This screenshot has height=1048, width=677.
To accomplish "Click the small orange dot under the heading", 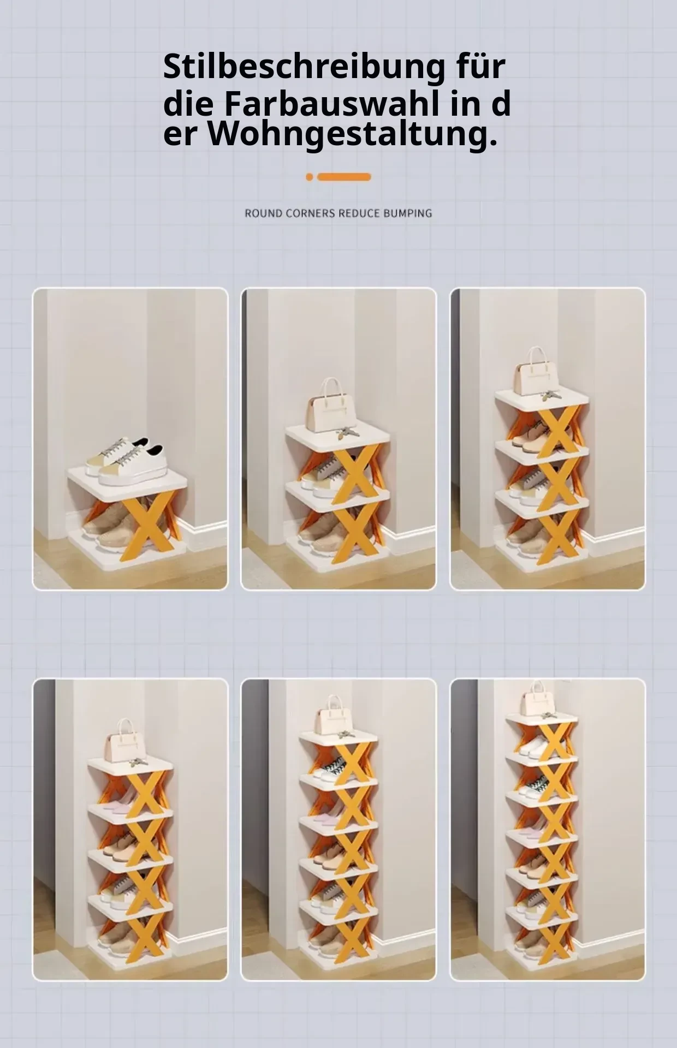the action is tap(310, 177).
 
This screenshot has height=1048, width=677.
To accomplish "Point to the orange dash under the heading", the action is tap(344, 177).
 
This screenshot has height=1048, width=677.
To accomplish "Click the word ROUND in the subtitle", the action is tap(263, 213).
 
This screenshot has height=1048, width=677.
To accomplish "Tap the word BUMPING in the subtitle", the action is tap(407, 213).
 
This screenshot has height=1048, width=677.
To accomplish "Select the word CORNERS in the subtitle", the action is tap(310, 213).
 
